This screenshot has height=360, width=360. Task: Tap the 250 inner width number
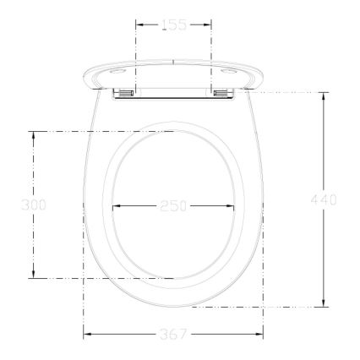172,205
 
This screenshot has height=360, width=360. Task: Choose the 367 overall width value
173,335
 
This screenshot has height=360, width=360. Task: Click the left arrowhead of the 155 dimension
138,25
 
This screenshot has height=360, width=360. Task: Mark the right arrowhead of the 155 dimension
209,25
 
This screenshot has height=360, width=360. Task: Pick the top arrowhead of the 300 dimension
34,134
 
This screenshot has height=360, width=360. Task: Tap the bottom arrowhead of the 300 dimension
34,275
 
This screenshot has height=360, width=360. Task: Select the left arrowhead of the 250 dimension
115,205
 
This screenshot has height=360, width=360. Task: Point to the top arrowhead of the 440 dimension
325,94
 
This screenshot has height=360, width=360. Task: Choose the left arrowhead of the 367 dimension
85,335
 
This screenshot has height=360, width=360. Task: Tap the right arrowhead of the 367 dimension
260,335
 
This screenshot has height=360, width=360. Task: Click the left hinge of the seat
123,92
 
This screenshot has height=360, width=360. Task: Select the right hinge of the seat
224,92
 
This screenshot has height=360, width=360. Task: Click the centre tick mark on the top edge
173,61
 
